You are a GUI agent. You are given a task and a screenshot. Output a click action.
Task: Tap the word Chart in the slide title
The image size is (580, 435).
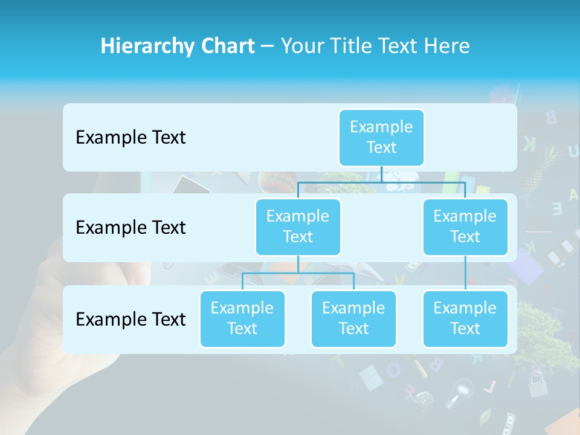[x=226, y=47]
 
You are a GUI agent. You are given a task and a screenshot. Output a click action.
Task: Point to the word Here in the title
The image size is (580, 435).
[x=447, y=47]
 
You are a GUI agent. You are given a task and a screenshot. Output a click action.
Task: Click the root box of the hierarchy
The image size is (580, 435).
[x=381, y=137]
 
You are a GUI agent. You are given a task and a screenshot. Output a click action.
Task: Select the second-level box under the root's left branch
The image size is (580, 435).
[x=298, y=227]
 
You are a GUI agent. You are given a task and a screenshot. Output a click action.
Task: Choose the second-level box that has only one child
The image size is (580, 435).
[x=465, y=227]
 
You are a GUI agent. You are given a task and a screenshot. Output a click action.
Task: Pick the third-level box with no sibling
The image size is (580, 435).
[x=465, y=318]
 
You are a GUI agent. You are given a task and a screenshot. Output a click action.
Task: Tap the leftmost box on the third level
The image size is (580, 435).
[x=242, y=318]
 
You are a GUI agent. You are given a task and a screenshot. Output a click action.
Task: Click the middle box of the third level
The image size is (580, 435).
[x=353, y=318]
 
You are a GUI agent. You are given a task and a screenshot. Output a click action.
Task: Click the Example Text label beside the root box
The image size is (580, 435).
[x=130, y=138]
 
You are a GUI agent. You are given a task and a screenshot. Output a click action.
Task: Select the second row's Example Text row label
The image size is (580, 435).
[x=130, y=228]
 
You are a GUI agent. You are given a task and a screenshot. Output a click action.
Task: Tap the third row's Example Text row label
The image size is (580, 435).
[x=130, y=319]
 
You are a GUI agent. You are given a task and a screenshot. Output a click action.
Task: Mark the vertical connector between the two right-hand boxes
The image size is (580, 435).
[x=465, y=273]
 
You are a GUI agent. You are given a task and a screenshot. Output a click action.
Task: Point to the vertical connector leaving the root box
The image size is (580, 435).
[x=381, y=174]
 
